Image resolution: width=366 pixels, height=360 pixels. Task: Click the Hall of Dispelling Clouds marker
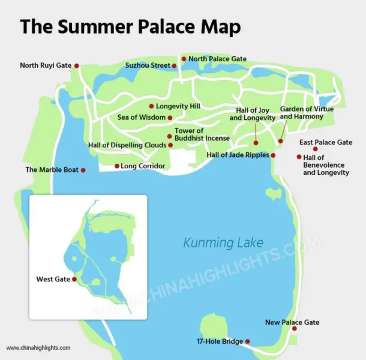(x=171, y=145)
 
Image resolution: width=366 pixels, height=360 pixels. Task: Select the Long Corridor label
(x=141, y=166)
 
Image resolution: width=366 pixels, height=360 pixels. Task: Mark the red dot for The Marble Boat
(x=82, y=170)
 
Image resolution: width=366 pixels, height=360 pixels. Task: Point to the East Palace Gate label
(x=325, y=143)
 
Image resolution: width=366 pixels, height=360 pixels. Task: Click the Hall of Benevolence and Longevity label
(x=327, y=165)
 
